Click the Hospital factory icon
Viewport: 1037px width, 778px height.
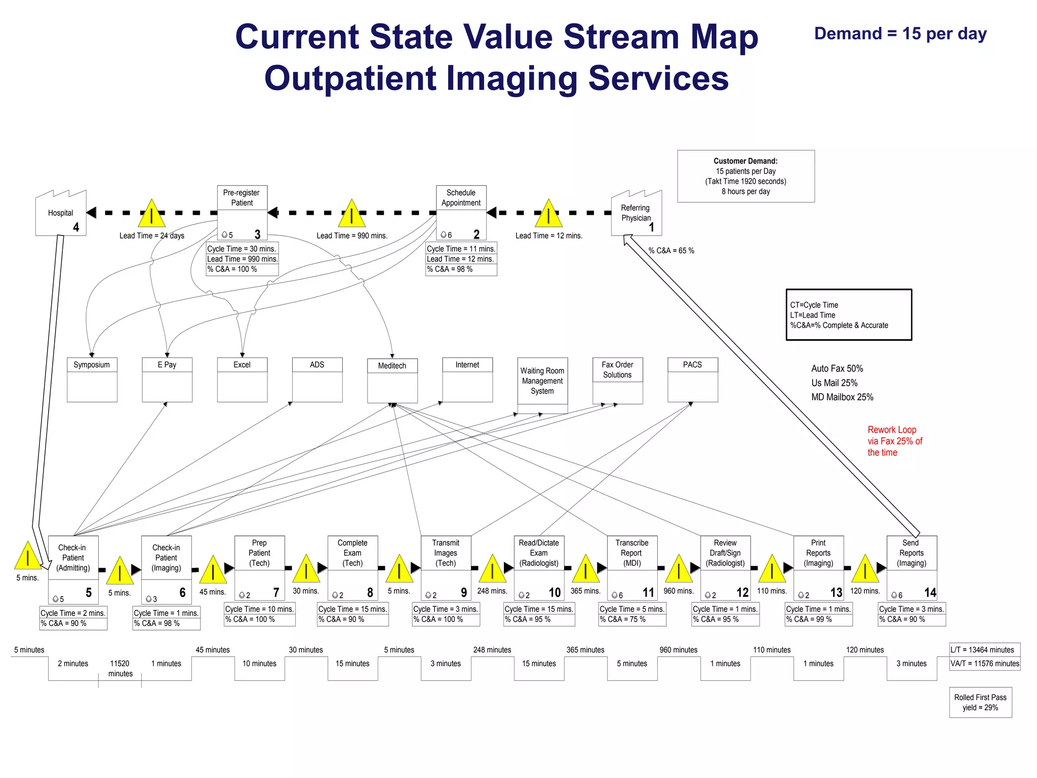61,214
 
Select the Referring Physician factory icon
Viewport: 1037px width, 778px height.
636,214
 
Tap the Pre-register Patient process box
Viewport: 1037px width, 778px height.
242,212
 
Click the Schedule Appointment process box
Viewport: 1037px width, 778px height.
461,212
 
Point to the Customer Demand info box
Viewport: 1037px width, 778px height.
745,176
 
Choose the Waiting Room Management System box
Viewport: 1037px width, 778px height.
542,385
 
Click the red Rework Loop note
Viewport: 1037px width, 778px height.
894,441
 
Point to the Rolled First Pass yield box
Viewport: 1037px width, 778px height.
980,702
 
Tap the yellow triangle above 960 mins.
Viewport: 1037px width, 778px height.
679,569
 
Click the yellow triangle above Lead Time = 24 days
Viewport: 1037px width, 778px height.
151,215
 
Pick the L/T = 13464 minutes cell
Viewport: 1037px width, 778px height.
984,650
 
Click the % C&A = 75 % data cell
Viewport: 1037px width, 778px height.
632,619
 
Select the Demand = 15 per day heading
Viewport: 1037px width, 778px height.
900,34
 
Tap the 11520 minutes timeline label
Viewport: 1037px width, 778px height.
120,668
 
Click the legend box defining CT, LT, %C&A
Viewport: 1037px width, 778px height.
848,315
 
